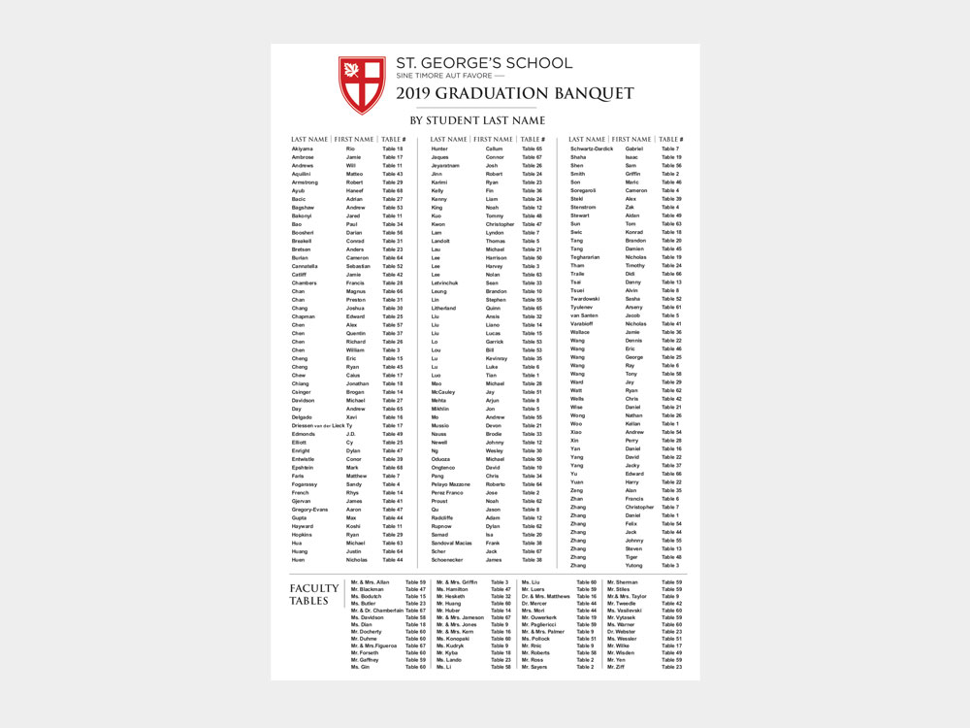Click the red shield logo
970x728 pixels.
pyautogui.click(x=361, y=84)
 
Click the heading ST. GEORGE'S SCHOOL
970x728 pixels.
pyautogui.click(x=483, y=63)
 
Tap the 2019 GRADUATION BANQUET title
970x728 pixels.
pyautogui.click(x=514, y=93)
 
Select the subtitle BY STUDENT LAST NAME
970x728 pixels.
pyautogui.click(x=477, y=120)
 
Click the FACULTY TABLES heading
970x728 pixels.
pyautogui.click(x=314, y=594)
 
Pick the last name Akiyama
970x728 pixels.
pyautogui.click(x=303, y=149)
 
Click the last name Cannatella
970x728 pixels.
pyautogui.click(x=306, y=266)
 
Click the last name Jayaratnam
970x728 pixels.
pyautogui.click(x=446, y=165)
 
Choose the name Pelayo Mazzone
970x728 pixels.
pyautogui.click(x=451, y=484)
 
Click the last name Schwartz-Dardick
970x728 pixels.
pyautogui.click(x=592, y=149)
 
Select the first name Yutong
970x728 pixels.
pyautogui.click(x=633, y=565)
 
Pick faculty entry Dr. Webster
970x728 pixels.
pyautogui.click(x=622, y=631)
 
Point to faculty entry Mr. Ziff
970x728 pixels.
pyautogui.click(x=616, y=667)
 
